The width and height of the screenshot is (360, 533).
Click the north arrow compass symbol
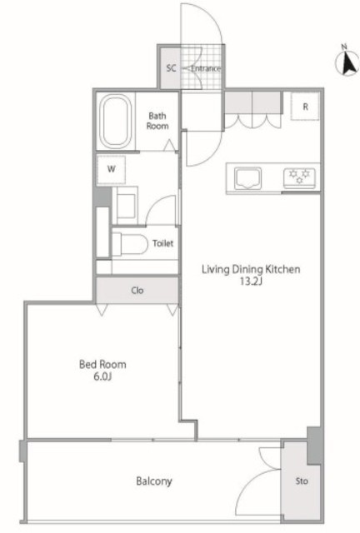[347, 60]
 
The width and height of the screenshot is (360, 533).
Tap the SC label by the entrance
[171, 68]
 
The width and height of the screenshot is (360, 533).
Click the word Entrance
[206, 68]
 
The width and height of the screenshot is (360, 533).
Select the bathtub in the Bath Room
[117, 122]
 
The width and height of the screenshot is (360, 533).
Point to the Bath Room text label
[157, 121]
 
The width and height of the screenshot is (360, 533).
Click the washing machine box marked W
[111, 170]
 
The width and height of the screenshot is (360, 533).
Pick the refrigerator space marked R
[305, 106]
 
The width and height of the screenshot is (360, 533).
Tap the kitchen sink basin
[247, 178]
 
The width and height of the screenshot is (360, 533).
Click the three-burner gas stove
[299, 178]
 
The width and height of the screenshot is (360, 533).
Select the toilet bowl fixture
[130, 244]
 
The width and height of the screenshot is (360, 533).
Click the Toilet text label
[162, 243]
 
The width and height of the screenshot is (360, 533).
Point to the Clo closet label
[137, 291]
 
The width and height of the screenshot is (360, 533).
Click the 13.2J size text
[251, 281]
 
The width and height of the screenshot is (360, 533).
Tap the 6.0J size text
[102, 376]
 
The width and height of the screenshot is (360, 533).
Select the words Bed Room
[102, 365]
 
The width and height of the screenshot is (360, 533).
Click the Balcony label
[154, 481]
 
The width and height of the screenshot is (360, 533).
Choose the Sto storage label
[302, 481]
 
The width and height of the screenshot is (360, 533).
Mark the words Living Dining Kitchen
[251, 270]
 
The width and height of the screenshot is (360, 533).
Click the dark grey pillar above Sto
[313, 446]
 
